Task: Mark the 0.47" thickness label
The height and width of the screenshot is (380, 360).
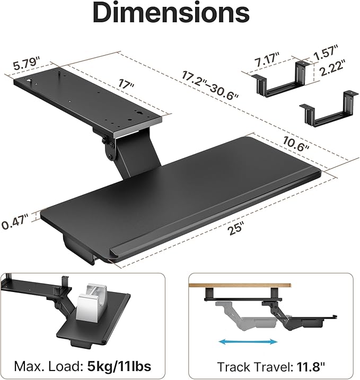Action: (16, 224)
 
